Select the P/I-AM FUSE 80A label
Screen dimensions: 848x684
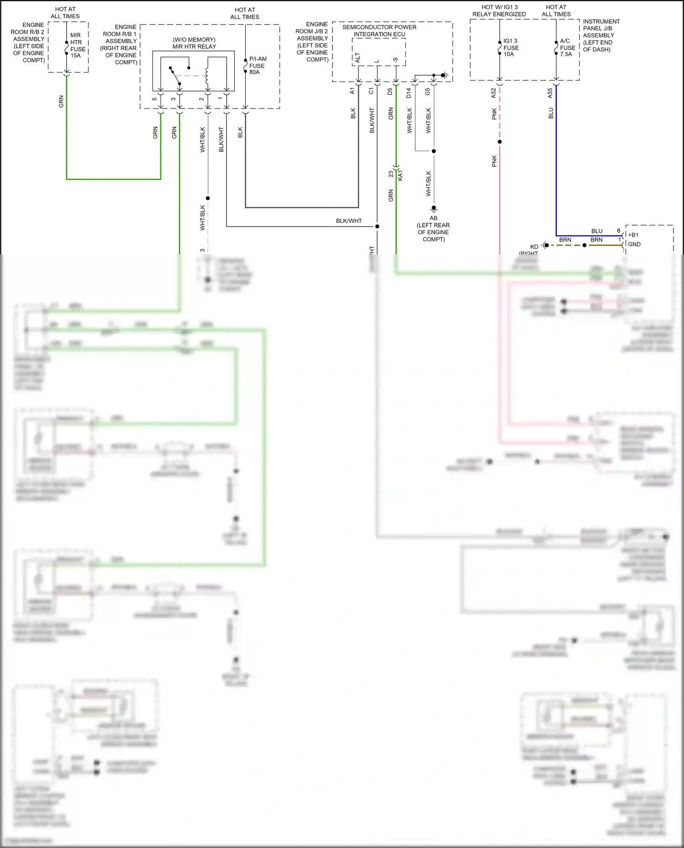258,66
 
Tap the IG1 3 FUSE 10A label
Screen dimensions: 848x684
511,47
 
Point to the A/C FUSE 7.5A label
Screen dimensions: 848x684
567,47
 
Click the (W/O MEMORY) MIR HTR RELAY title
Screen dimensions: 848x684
194,43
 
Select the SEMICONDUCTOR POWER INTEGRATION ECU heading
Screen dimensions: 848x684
379,31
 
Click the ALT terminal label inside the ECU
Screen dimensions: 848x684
358,58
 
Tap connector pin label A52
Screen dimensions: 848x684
493,93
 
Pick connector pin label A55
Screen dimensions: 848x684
550,93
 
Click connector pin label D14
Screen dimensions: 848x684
409,93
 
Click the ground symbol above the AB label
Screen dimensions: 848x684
434,209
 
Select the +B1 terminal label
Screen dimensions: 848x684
633,235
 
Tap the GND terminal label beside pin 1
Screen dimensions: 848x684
634,244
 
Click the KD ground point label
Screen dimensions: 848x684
534,247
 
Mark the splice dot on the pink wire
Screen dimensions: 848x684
500,142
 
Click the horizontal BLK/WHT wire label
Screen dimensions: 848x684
349,221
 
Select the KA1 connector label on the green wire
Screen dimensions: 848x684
400,175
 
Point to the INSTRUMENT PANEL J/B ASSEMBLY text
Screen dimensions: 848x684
601,35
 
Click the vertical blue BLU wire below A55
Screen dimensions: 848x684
556,159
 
